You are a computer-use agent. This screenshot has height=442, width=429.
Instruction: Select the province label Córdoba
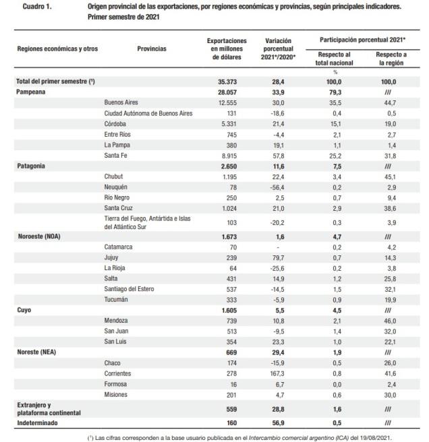115,124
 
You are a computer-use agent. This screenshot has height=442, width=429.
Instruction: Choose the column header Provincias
152,49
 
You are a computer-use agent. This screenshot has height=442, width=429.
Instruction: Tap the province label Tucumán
116,299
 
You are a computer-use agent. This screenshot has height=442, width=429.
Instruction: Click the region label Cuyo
24,309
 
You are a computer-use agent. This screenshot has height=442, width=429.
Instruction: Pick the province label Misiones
116,393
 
